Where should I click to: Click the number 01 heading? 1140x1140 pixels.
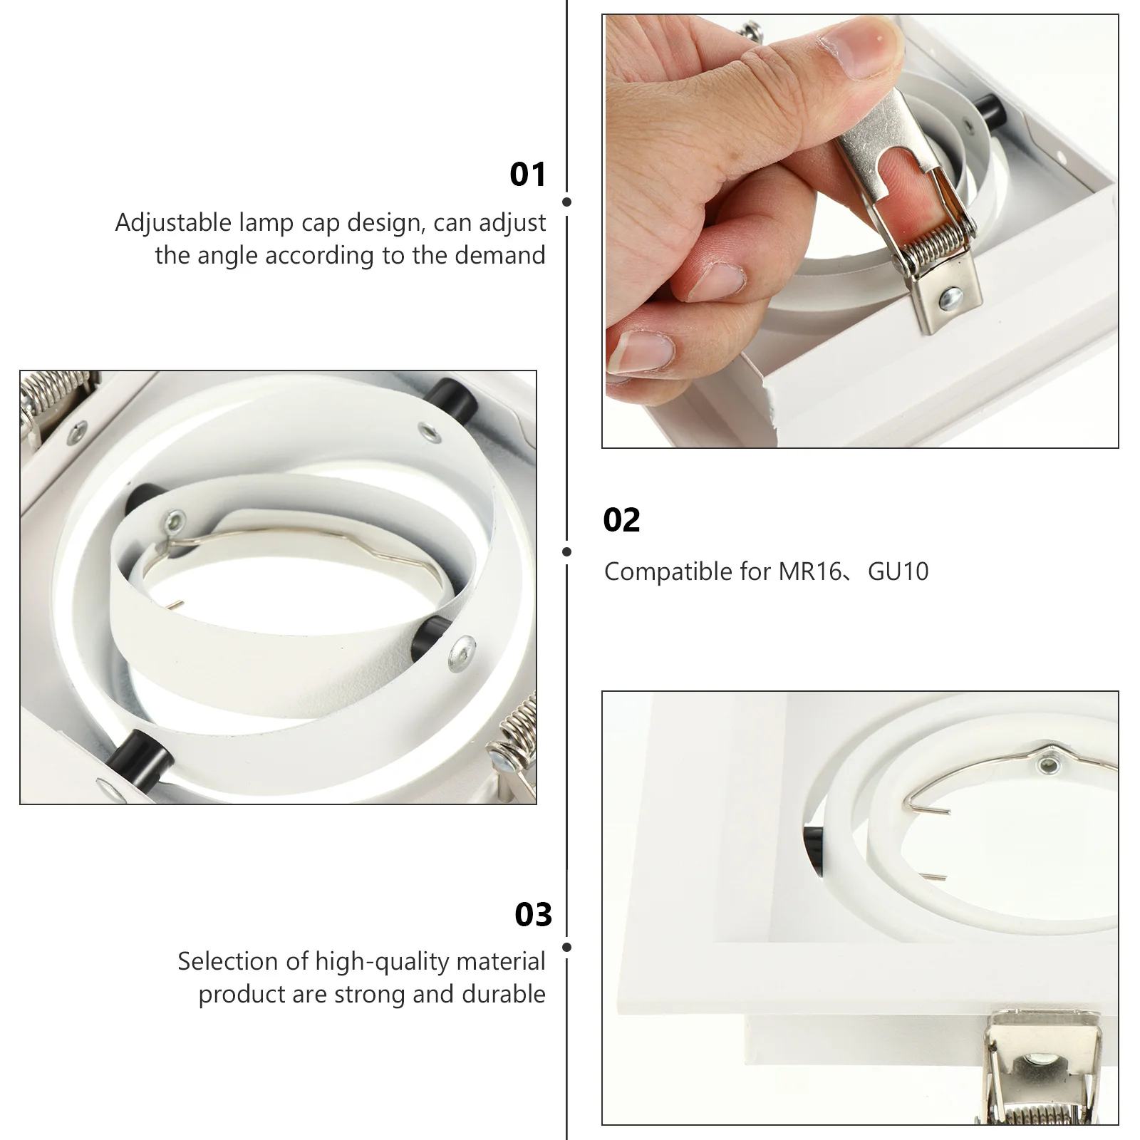(x=528, y=175)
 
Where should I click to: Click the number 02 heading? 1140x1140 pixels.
(x=622, y=520)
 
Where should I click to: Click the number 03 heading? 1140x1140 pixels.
(x=534, y=915)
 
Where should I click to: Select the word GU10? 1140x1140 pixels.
(x=898, y=571)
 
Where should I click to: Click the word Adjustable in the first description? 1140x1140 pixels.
(x=174, y=223)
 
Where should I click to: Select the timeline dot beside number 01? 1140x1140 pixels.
(x=567, y=202)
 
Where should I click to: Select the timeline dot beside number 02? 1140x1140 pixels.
(x=567, y=552)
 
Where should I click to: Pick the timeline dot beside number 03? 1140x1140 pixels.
(x=567, y=948)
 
